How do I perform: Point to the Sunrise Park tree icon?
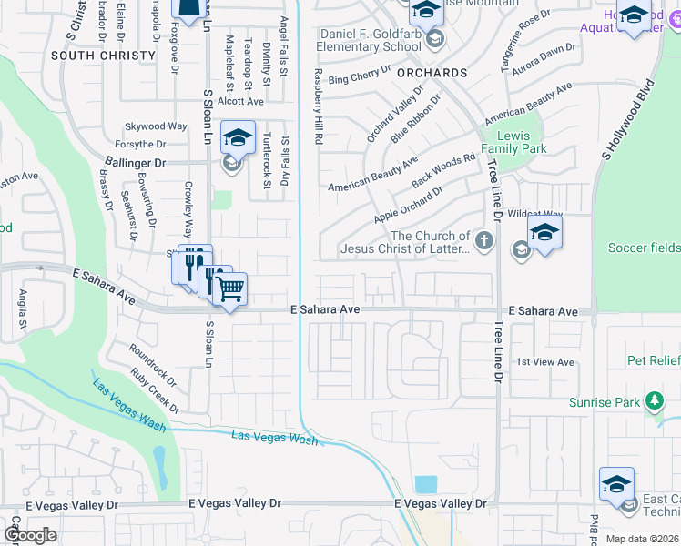(x=653, y=401)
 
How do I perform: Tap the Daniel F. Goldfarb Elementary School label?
(x=370, y=40)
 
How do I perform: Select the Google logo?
(x=30, y=535)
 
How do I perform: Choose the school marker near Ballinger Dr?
(x=238, y=138)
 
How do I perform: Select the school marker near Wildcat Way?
(x=544, y=233)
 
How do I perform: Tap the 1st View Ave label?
(x=545, y=362)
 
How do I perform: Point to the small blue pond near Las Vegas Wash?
(x=425, y=484)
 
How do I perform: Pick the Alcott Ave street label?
(x=220, y=103)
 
